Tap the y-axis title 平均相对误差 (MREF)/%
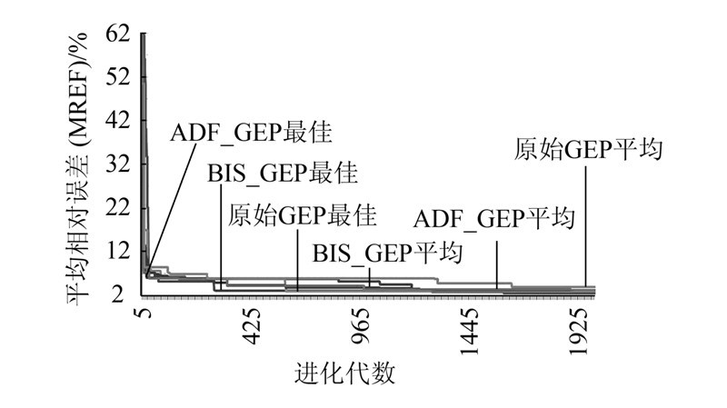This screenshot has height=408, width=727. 80,168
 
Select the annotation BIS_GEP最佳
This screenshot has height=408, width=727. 282,173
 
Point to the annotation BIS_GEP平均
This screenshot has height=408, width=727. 387,252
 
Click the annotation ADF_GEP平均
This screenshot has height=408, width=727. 495,218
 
